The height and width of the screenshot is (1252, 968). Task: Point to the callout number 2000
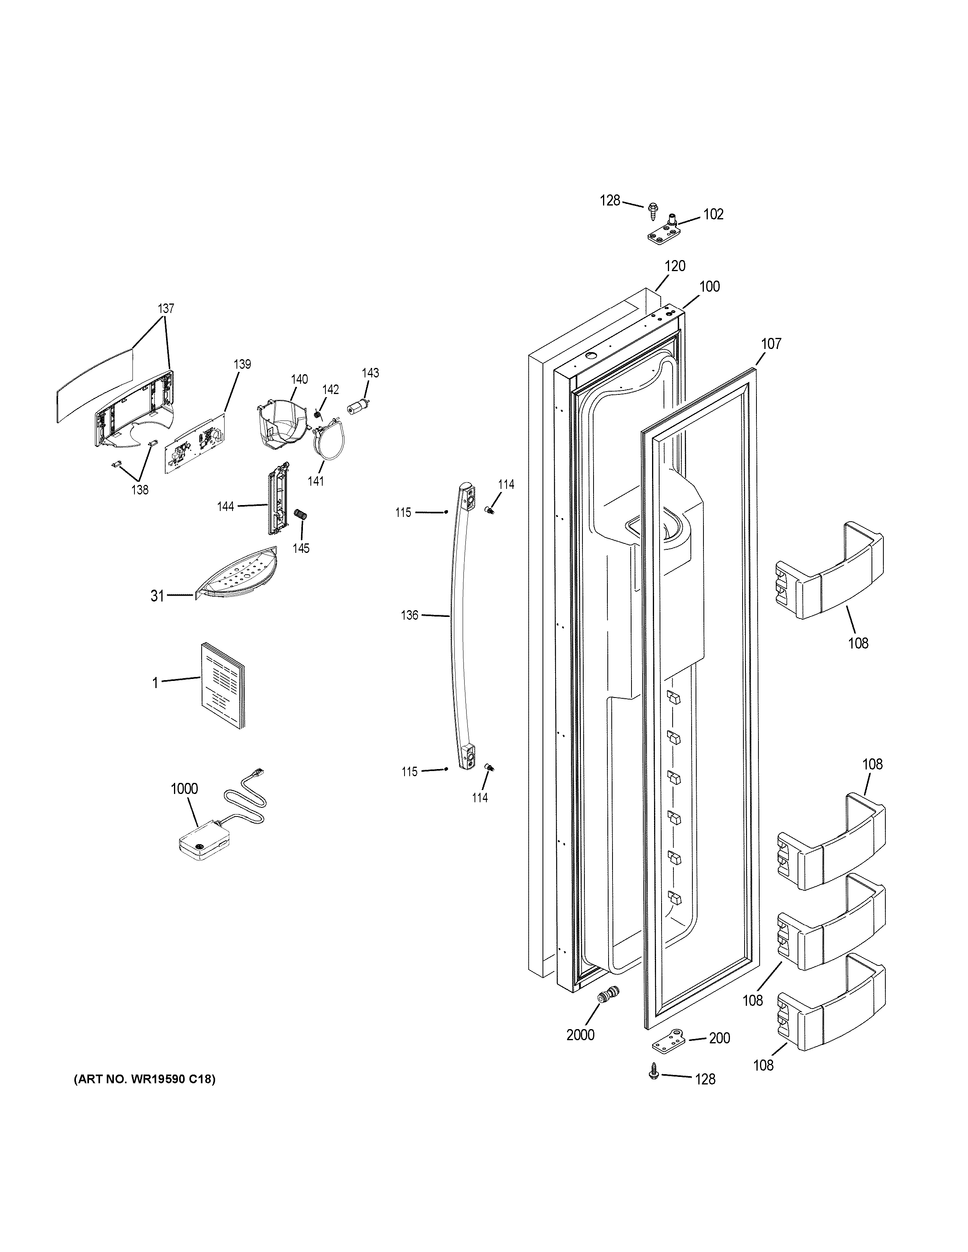(x=580, y=1035)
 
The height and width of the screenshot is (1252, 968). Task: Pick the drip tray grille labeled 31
(x=236, y=573)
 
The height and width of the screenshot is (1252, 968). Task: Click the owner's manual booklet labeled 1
(x=222, y=685)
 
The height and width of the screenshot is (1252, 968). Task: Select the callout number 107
(x=771, y=343)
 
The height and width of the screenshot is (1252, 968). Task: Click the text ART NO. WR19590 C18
(x=144, y=1079)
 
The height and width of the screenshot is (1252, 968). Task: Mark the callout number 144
(x=225, y=506)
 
